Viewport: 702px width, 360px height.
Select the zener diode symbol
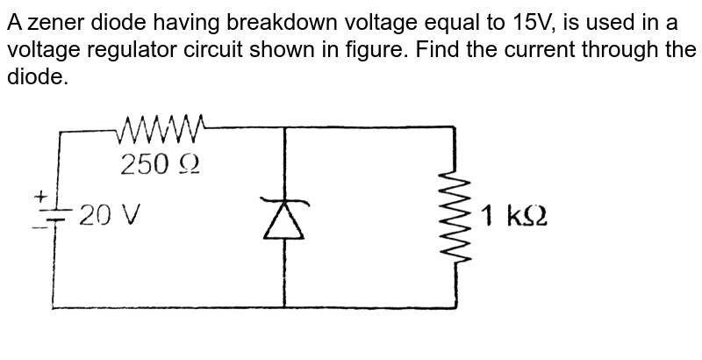tap(285, 218)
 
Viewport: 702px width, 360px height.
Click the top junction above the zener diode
tap(285, 127)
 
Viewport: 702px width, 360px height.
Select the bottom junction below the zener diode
tap(285, 307)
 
